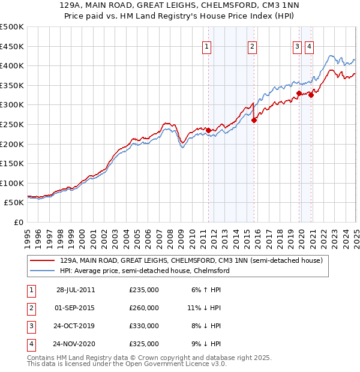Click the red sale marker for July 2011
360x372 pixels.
(208, 130)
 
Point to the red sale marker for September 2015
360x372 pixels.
(254, 120)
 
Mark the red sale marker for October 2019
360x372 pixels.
(299, 93)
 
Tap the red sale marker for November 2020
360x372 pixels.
(311, 95)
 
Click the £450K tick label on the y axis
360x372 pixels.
(12, 46)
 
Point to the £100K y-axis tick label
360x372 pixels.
(12, 183)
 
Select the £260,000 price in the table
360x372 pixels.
(144, 308)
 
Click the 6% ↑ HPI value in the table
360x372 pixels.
(206, 290)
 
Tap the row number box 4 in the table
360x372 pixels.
(30, 344)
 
